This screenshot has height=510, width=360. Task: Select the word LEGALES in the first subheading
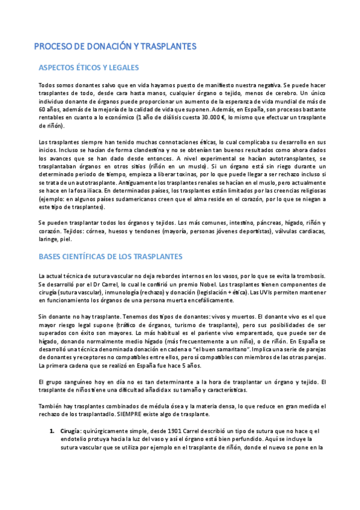tap(121, 67)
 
